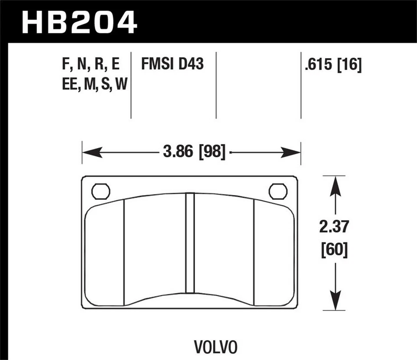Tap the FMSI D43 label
pyautogui.click(x=172, y=64)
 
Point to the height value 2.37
pyautogui.click(x=334, y=228)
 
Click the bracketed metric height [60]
pyautogui.click(x=334, y=251)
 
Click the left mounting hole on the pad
pyautogui.click(x=101, y=192)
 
